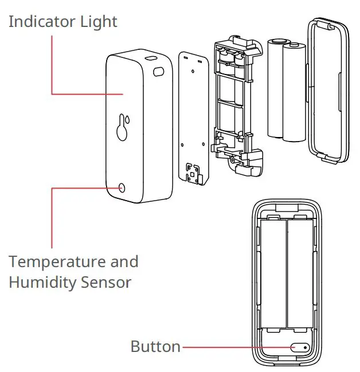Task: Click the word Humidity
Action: (x=46, y=282)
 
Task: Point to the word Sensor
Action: (x=111, y=282)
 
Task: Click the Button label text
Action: (x=155, y=346)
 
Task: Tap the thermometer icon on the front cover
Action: (x=122, y=127)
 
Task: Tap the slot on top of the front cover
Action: (x=151, y=58)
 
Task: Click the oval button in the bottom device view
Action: (x=299, y=347)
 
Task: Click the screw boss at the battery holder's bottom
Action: (x=236, y=164)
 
